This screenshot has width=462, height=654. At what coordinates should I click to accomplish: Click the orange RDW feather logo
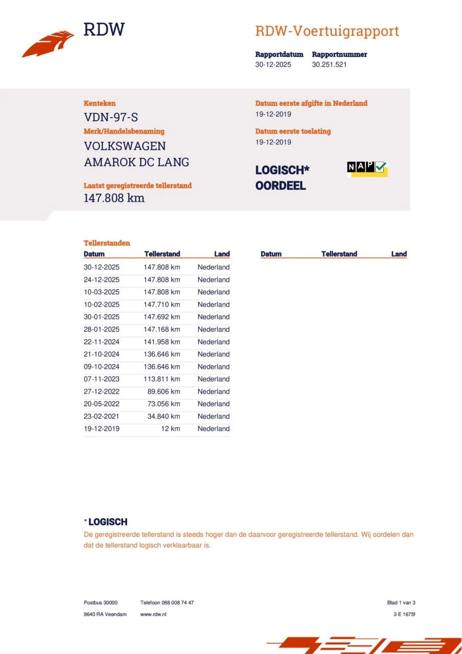tap(48, 44)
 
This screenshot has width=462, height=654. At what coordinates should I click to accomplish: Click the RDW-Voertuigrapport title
tap(327, 31)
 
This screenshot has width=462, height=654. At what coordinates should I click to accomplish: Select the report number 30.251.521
tap(329, 65)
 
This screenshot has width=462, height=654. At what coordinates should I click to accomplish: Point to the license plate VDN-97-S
tap(111, 117)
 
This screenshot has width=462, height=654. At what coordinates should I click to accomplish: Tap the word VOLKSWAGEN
tap(125, 146)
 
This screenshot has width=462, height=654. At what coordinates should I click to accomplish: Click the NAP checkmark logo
tap(367, 168)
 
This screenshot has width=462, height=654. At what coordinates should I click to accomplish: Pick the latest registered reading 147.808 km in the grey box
tap(114, 198)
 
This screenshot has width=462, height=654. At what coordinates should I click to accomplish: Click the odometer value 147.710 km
tap(161, 305)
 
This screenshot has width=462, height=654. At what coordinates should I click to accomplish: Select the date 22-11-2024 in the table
tap(102, 342)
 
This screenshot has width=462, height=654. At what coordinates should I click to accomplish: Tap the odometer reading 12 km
tap(171, 429)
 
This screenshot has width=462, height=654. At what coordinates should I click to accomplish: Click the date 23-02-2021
tap(102, 416)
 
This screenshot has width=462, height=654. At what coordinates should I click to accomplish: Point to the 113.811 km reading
tap(161, 379)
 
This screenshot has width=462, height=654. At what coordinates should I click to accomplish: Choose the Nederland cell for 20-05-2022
tap(214, 404)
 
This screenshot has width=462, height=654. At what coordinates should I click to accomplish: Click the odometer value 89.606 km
tap(164, 391)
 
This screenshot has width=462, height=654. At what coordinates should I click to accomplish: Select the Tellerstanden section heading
tap(107, 243)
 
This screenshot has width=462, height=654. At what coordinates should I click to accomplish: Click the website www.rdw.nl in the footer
tap(153, 614)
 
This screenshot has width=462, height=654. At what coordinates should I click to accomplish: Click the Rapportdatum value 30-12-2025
tap(273, 65)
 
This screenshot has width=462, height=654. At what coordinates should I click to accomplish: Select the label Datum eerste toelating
tap(293, 131)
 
